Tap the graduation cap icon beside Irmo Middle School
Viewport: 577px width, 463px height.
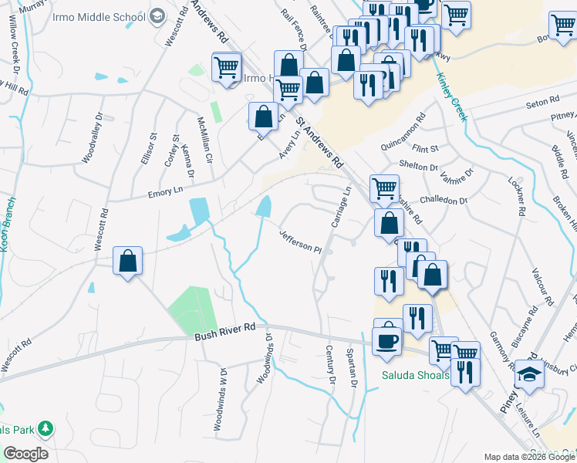(157, 16)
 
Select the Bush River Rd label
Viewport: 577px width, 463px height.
(225, 328)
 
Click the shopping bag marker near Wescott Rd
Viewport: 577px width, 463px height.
(128, 261)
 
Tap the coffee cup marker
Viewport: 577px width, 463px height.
(387, 340)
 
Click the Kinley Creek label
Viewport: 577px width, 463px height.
(451, 97)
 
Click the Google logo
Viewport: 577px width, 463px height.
(26, 453)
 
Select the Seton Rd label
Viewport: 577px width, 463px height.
(542, 101)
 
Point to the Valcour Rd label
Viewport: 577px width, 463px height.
(540, 286)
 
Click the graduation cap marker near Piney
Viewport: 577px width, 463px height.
(529, 374)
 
